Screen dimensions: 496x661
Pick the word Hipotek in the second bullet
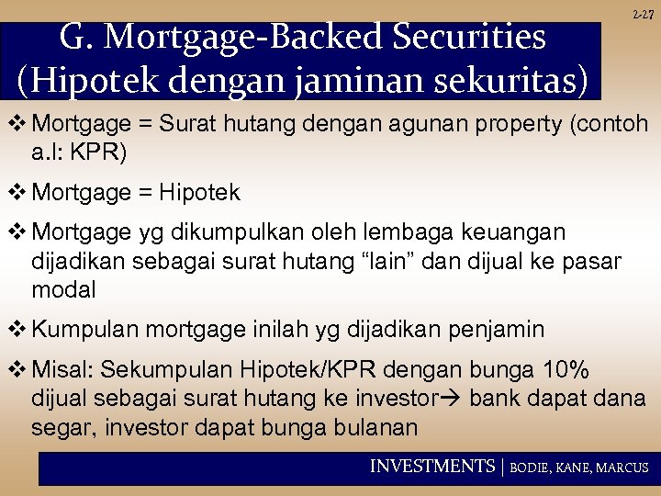pos(199,193)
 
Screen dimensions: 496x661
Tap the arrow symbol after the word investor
pos(452,400)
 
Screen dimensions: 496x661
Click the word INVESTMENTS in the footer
pos(431,467)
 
